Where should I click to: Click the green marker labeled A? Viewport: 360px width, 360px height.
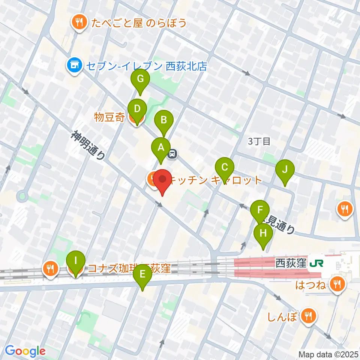click(161, 147)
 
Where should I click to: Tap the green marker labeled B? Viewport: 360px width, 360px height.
click(164, 120)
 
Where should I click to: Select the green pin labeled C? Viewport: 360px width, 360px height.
click(225, 167)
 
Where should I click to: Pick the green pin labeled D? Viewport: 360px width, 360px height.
click(137, 109)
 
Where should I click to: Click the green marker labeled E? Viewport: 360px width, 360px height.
click(142, 274)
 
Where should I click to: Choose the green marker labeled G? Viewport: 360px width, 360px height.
click(140, 79)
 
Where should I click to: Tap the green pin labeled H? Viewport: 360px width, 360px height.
click(263, 233)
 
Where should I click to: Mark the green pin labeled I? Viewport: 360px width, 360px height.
click(76, 261)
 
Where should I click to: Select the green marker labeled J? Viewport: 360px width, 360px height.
click(285, 169)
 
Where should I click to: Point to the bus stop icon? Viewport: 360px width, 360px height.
click(172, 154)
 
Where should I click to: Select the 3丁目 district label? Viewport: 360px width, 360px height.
click(259, 141)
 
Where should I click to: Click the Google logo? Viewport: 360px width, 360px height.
click(25, 351)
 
